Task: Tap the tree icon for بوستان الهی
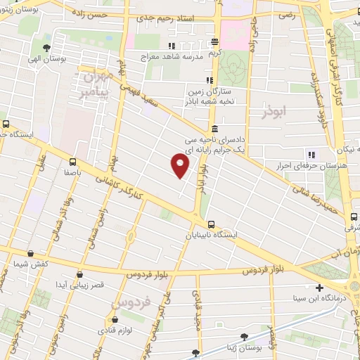click(x=46, y=48)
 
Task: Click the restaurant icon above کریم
click(x=214, y=42)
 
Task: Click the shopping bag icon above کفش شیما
click(x=30, y=253)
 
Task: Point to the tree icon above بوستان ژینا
click(x=244, y=337)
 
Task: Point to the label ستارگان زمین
click(x=210, y=91)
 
